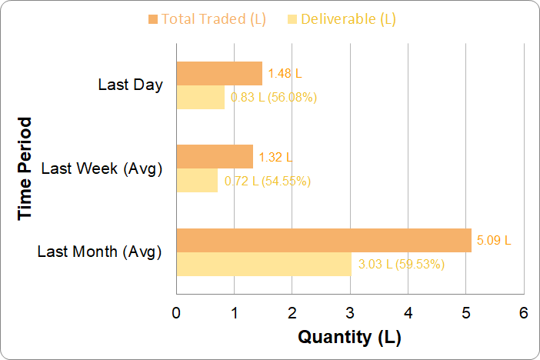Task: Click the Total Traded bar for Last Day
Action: [x=219, y=74]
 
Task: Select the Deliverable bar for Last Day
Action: [x=201, y=97]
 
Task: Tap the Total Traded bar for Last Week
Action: [x=215, y=157]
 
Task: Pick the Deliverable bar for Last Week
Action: [x=197, y=181]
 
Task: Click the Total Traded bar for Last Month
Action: [x=324, y=240]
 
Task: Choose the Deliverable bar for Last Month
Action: [x=264, y=264]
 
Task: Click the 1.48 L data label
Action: [x=285, y=74]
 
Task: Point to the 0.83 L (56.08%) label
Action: [x=274, y=97]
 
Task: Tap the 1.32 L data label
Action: [x=275, y=157]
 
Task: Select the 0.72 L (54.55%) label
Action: [x=267, y=181]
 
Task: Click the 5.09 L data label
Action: [x=494, y=240]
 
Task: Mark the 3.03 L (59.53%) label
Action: [x=402, y=264]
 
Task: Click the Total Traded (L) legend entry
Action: [x=207, y=19]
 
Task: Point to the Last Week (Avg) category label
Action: [x=102, y=168]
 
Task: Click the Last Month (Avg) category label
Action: [x=99, y=252]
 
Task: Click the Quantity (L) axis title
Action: [x=349, y=337]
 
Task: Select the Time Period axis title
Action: [x=26, y=168]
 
